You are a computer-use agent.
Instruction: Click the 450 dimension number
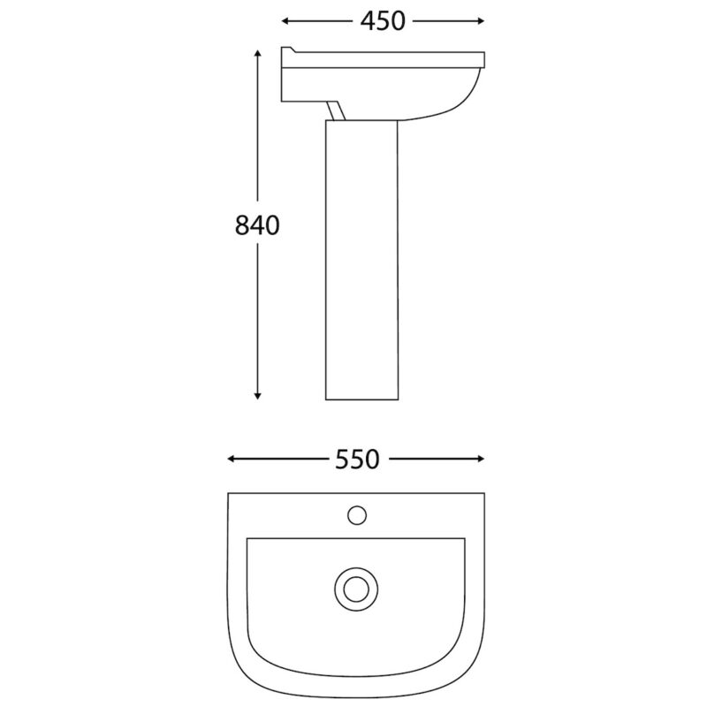point(383,21)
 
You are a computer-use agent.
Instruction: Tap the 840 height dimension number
point(257,225)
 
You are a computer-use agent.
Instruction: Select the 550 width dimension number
point(357,460)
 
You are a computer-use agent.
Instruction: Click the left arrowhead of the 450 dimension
point(285,21)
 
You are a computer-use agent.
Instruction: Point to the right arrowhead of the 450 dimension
point(481,20)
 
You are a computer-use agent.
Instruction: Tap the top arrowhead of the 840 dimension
point(257,53)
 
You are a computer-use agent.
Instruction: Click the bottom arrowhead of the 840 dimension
point(257,396)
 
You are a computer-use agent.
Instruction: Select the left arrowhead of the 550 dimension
point(231,459)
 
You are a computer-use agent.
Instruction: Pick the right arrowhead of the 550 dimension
point(481,459)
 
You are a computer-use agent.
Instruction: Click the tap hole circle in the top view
point(357,515)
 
